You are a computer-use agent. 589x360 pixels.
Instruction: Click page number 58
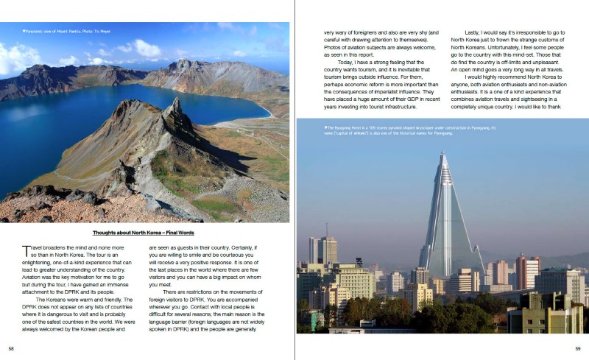11,348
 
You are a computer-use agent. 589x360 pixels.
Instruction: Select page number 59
578,348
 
